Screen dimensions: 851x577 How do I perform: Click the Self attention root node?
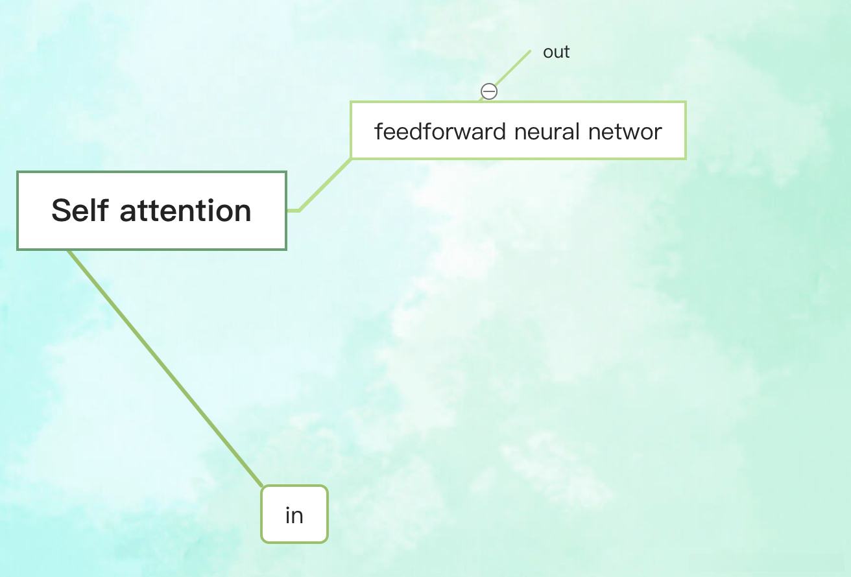click(x=151, y=211)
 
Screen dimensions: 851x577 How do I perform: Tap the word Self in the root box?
click(x=78, y=211)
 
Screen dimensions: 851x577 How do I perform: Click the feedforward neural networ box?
click(x=518, y=130)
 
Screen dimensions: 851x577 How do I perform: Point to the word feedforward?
click(x=440, y=132)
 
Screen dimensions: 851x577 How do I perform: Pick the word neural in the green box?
click(x=547, y=132)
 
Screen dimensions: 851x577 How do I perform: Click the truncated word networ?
click(x=625, y=132)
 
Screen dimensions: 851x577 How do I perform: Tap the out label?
click(x=556, y=53)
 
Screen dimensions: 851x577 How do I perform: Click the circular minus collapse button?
click(x=489, y=91)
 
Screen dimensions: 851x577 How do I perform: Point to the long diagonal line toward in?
click(x=165, y=368)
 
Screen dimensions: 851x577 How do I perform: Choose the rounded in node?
click(x=294, y=514)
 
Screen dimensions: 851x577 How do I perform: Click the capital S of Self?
click(x=60, y=211)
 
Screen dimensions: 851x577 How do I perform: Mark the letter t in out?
click(x=566, y=53)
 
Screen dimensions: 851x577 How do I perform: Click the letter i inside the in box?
click(x=288, y=515)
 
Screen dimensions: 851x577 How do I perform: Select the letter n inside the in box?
click(x=298, y=516)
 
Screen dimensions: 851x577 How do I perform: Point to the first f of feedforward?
click(x=379, y=132)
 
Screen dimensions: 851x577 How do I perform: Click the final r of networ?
click(x=658, y=132)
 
